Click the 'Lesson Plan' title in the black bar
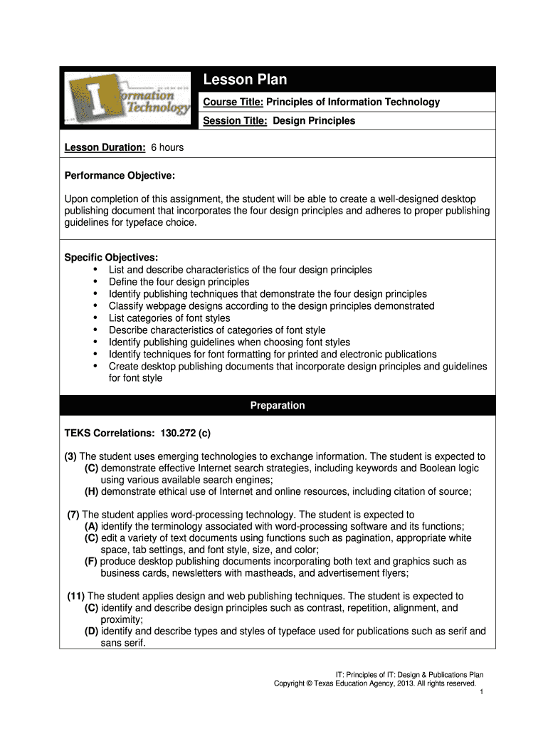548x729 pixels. [245, 80]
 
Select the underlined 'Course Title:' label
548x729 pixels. [233, 102]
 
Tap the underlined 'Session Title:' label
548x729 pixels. [235, 120]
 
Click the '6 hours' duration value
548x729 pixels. [167, 147]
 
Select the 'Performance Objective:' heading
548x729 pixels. [120, 175]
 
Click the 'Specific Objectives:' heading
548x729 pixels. [111, 257]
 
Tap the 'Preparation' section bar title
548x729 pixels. [278, 405]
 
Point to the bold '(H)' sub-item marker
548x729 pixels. [91, 491]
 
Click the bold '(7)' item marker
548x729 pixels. [73, 515]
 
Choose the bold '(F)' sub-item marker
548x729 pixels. [91, 561]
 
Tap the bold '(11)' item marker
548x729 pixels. [76, 596]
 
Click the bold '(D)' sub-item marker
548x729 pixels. [91, 631]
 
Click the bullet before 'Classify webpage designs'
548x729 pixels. [95, 306]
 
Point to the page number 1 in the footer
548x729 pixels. [482, 692]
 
